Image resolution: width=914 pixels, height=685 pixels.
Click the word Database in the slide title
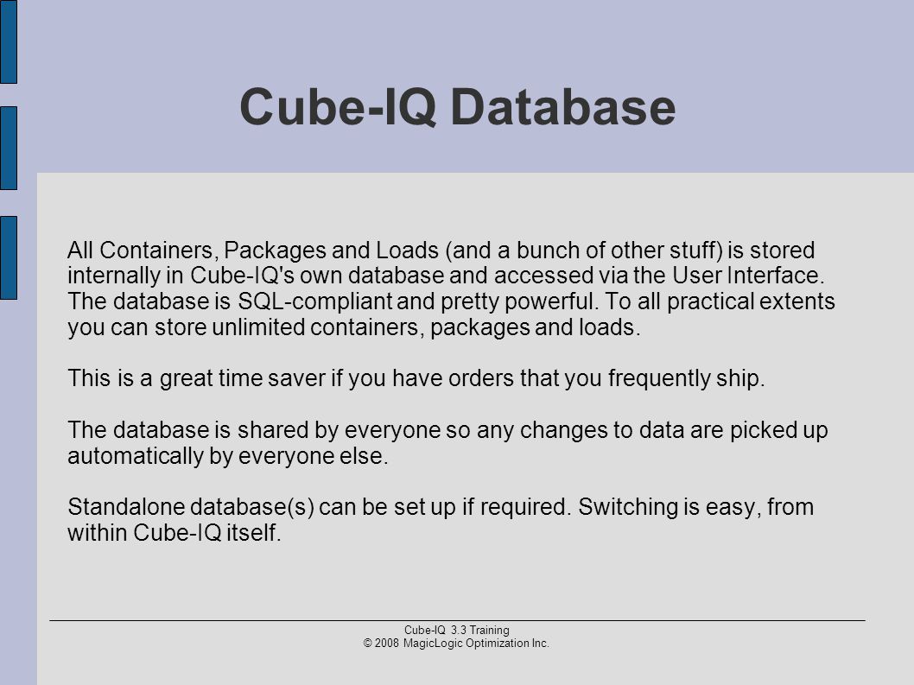coord(563,107)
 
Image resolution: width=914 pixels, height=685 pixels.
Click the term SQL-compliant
coord(314,302)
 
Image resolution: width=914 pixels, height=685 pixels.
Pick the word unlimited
coord(258,327)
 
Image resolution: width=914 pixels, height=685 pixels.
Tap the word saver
coord(296,379)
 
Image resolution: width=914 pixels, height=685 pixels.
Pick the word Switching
coord(628,507)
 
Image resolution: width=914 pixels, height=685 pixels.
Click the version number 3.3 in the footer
coord(459,631)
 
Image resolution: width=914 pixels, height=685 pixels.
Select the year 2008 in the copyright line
coord(387,644)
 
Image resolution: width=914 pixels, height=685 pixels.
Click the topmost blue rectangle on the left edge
coord(8,41)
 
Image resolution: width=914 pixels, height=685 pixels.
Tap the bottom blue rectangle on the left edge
coord(8,257)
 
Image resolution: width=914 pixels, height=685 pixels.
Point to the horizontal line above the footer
coord(458,621)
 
